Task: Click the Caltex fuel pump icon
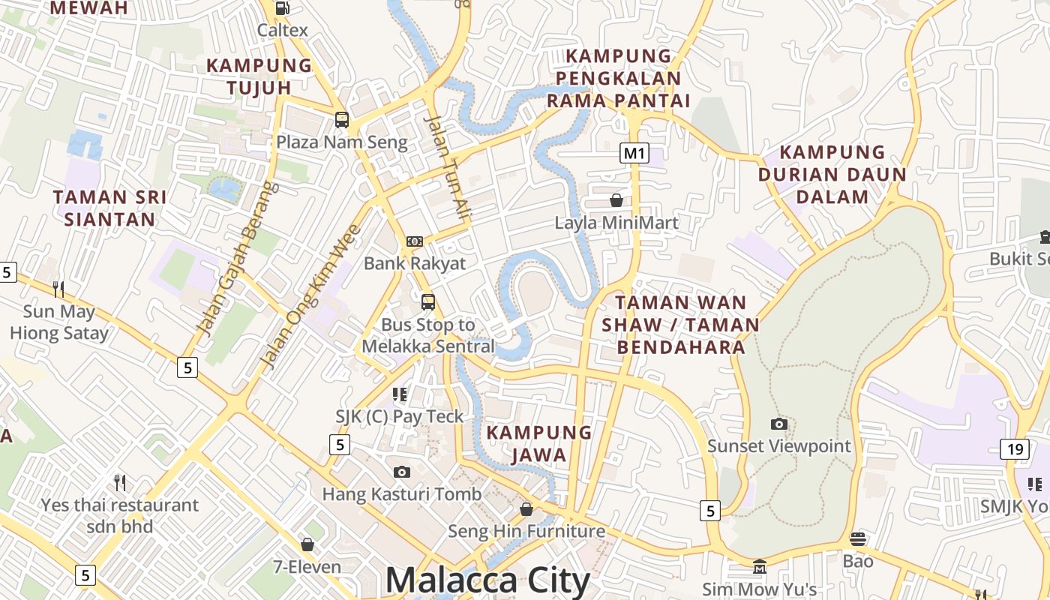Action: pyautogui.click(x=283, y=8)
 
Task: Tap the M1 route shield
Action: pyautogui.click(x=634, y=154)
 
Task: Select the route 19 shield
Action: pyautogui.click(x=1015, y=449)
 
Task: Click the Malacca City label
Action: pyautogui.click(x=487, y=580)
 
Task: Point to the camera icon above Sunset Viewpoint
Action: pyautogui.click(x=779, y=424)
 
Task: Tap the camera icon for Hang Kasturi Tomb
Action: pyautogui.click(x=402, y=472)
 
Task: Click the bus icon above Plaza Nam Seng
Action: pyautogui.click(x=342, y=119)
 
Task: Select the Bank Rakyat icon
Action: pyautogui.click(x=415, y=241)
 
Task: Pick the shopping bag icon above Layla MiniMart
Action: pyautogui.click(x=616, y=200)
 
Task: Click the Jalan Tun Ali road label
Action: pyautogui.click(x=448, y=169)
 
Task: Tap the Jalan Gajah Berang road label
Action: pyautogui.click(x=237, y=258)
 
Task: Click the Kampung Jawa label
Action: pyautogui.click(x=539, y=443)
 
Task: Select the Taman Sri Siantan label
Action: pyautogui.click(x=109, y=208)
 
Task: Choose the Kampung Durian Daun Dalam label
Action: pyautogui.click(x=832, y=174)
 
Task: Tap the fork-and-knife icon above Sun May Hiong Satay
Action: pyautogui.click(x=58, y=289)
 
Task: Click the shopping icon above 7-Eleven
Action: pyautogui.click(x=307, y=544)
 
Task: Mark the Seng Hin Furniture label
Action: pyautogui.click(x=526, y=531)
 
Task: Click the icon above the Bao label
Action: pyautogui.click(x=858, y=538)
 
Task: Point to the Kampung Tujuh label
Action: pyautogui.click(x=259, y=76)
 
